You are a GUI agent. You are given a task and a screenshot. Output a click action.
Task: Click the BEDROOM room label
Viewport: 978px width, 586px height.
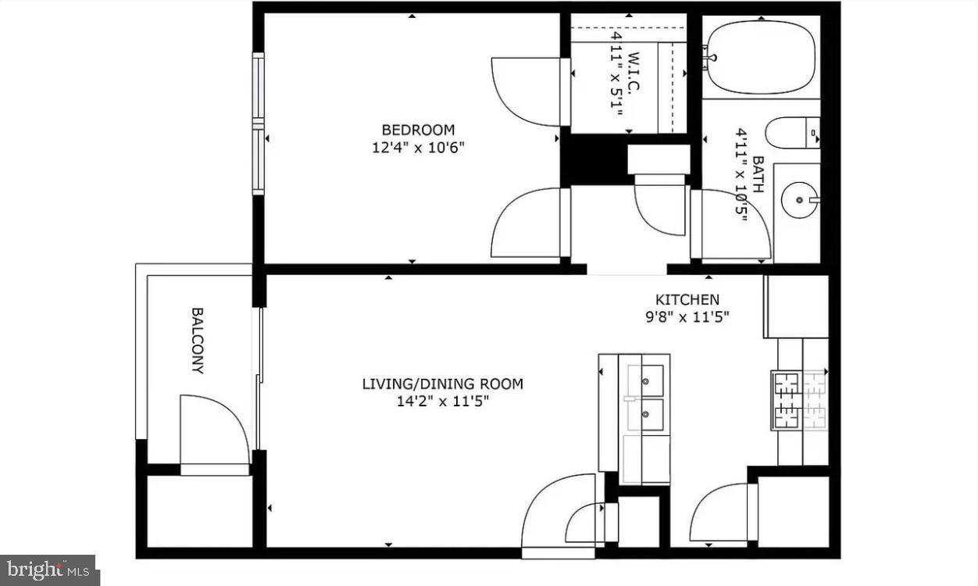[417, 130]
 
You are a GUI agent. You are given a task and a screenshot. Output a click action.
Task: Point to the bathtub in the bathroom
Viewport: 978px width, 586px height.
[761, 57]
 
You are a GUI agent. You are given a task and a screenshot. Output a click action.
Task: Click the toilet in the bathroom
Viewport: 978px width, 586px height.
[791, 132]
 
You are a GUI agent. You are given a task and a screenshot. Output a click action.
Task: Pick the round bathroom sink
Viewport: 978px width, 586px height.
[800, 200]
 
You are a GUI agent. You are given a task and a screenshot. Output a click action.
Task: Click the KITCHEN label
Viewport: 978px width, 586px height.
[687, 299]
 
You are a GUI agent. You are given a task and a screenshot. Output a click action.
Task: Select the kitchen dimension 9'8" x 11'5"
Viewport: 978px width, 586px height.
[687, 316]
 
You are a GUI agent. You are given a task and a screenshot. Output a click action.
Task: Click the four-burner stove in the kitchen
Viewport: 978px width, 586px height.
[799, 400]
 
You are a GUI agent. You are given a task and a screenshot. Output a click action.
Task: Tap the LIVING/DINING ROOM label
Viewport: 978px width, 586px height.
[442, 384]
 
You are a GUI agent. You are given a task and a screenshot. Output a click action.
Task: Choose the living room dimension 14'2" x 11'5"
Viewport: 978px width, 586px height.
[442, 402]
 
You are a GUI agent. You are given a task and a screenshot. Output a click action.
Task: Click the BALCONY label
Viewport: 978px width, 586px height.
[198, 341]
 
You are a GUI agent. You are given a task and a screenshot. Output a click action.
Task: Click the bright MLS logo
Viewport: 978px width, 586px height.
[48, 570]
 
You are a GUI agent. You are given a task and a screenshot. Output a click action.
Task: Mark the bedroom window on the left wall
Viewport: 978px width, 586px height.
[258, 123]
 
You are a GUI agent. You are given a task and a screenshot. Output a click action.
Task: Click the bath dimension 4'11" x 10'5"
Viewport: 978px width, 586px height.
[741, 175]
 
